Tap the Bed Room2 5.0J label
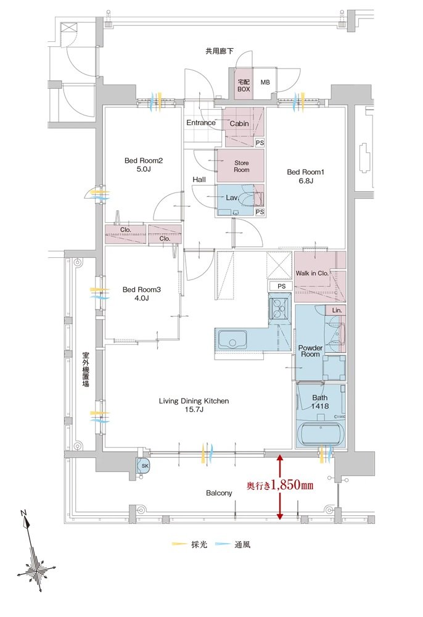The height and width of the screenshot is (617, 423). point(144,165)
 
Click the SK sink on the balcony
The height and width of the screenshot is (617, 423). point(144,465)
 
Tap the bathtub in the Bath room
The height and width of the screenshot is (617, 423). point(321,435)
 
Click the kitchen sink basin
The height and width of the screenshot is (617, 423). point(232,340)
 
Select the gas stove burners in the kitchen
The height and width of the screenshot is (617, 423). point(279,307)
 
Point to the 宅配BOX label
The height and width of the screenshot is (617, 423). point(244,85)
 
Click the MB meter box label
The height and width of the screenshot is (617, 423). point(265,82)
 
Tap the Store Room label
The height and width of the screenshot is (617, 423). point(241,166)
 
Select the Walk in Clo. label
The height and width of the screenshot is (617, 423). point(312,273)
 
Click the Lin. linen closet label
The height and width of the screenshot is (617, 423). point(337,310)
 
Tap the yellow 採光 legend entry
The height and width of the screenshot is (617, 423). point(189,545)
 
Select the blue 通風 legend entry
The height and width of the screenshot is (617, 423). point(232,545)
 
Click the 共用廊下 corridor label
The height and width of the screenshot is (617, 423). point(220,51)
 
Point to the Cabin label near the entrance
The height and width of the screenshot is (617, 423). point(239,123)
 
